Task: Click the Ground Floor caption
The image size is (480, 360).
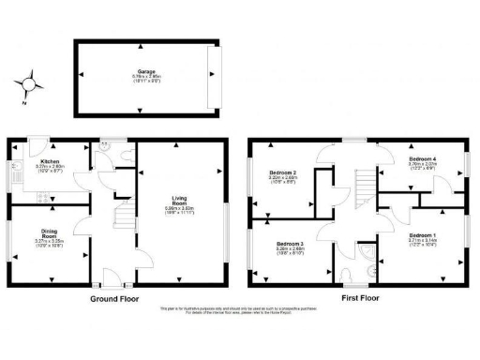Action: click(116, 299)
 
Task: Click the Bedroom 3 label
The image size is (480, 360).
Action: click(289, 247)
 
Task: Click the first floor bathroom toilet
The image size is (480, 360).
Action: click(352, 275)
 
